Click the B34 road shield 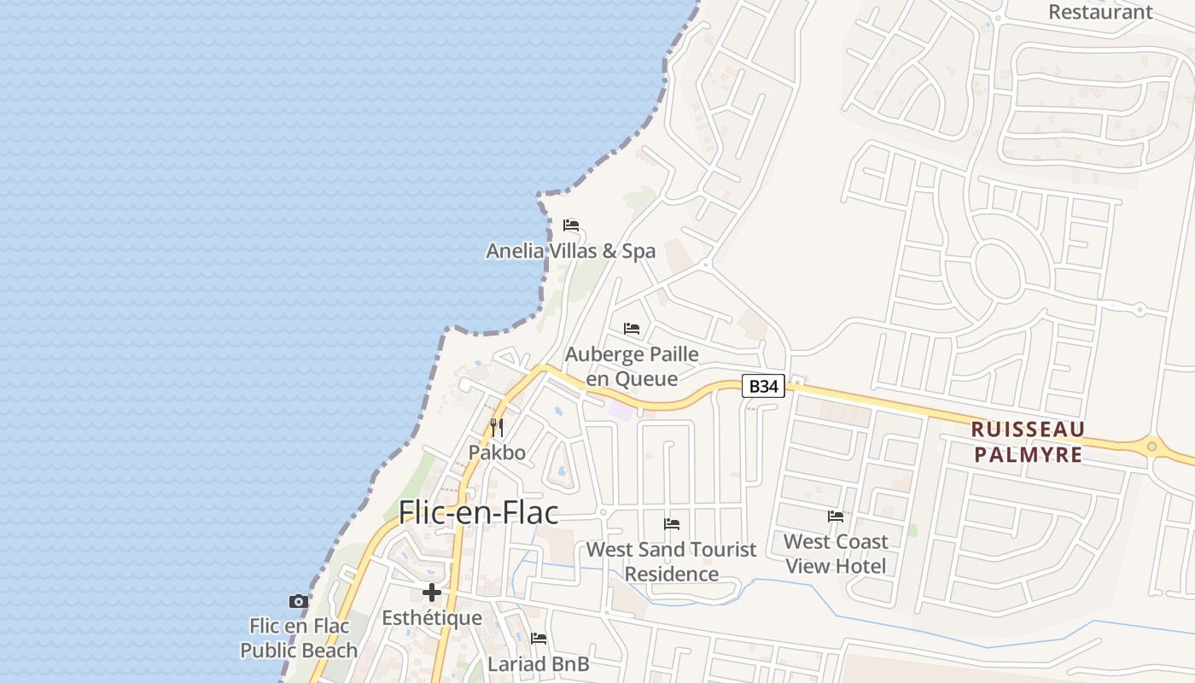[x=763, y=387]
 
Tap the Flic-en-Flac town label [x=479, y=512]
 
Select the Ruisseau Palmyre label [x=1028, y=441]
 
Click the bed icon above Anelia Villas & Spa [x=571, y=225]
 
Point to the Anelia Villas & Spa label [x=571, y=251]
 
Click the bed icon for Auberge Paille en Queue [x=632, y=329]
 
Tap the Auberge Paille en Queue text [x=632, y=366]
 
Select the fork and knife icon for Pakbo [x=497, y=427]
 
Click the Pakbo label [x=497, y=452]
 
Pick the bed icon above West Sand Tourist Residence [x=672, y=523]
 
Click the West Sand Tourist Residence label [x=672, y=561]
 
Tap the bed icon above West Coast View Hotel [x=836, y=516]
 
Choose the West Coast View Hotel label [x=836, y=553]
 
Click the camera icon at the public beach [x=298, y=601]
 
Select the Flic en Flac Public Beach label [x=298, y=638]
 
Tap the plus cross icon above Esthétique [x=432, y=592]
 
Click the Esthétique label [x=432, y=617]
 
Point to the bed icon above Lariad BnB [x=539, y=638]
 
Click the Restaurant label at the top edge [x=1100, y=12]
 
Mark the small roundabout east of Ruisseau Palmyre [x=1151, y=447]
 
